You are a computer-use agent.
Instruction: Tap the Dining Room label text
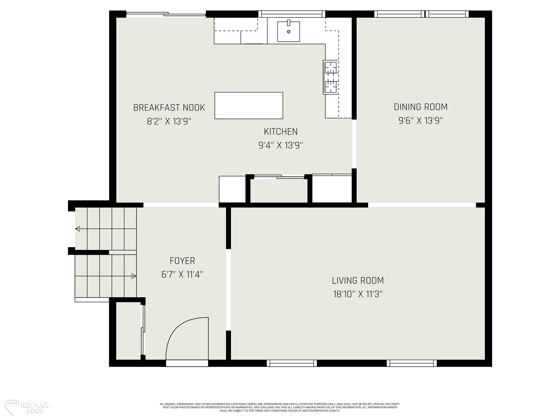click(421, 107)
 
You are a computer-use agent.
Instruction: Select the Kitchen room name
click(281, 131)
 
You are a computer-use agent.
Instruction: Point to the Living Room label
click(358, 281)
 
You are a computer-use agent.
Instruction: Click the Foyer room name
click(182, 261)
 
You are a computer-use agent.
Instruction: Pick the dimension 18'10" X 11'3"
click(358, 294)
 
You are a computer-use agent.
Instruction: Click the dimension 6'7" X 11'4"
click(182, 274)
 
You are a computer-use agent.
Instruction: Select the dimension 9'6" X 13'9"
click(421, 120)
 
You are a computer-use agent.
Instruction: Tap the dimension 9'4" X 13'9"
click(281, 145)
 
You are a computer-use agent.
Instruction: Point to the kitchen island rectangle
click(249, 106)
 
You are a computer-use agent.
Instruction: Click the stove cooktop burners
click(331, 77)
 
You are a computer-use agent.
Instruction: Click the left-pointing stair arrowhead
click(77, 229)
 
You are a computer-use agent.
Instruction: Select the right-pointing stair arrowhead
click(134, 276)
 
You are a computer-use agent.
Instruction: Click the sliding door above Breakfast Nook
click(166, 14)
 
